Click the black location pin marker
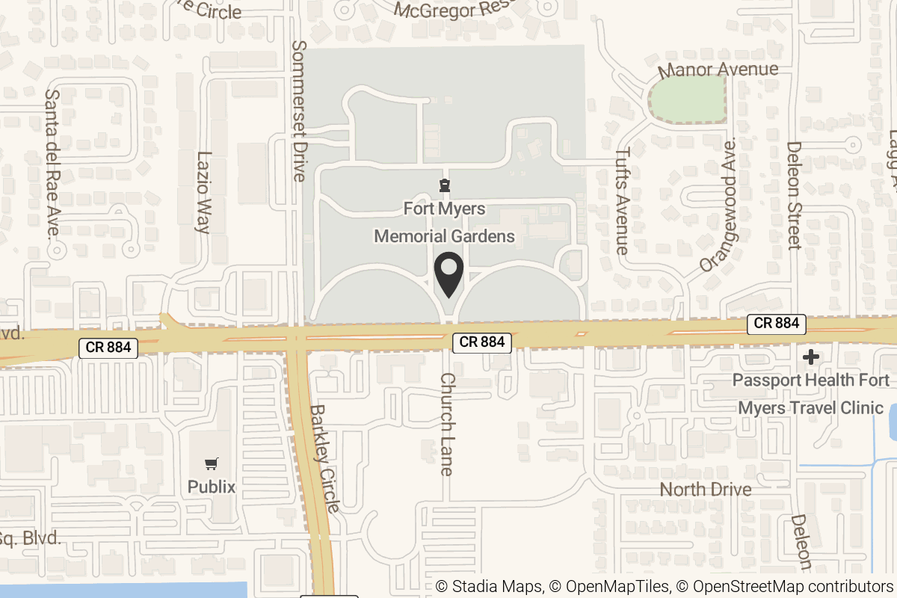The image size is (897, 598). pos(449,274)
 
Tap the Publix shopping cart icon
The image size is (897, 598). pos(212,464)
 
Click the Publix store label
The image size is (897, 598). pos(212,487)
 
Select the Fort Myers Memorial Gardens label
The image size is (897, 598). pos(445,222)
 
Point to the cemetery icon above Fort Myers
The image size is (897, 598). pos(445,185)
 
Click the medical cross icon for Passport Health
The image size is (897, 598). pos(810,357)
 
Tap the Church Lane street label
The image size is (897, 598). pos(446,424)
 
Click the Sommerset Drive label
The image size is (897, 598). pos(299,111)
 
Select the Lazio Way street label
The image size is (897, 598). pos(203,192)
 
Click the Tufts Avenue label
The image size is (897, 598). pos(622,200)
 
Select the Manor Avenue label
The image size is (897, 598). pos(718,70)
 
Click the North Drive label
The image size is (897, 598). pos(706,490)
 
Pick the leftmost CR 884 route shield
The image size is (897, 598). pos(108,347)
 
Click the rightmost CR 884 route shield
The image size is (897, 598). pos(777,324)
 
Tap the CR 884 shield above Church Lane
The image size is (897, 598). pos(482,342)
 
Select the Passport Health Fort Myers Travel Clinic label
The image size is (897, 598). pos(811,394)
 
